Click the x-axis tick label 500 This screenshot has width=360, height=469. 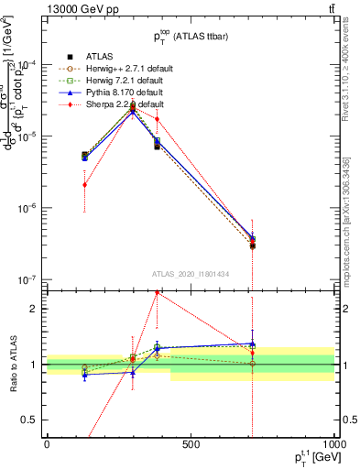click(x=191, y=445)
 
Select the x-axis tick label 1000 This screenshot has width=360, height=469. click(x=333, y=445)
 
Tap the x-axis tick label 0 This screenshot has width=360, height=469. click(x=47, y=445)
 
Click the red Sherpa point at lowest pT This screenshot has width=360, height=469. click(x=84, y=184)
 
